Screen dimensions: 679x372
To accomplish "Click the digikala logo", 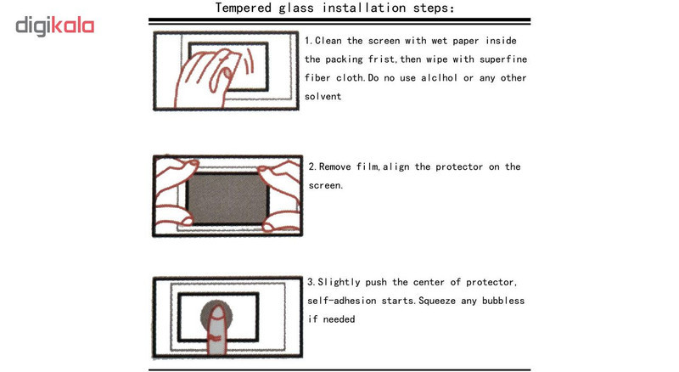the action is (x=54, y=26).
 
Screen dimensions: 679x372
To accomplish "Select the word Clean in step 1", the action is (x=328, y=41).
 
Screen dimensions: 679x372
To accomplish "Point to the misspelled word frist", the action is (x=381, y=59).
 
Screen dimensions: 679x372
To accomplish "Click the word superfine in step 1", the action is (x=503, y=59).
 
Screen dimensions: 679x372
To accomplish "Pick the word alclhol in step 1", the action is (x=439, y=78).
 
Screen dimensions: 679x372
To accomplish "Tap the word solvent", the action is (x=323, y=97).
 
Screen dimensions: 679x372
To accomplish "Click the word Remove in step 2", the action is (x=334, y=167).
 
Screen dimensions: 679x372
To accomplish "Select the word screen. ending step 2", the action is (x=326, y=185).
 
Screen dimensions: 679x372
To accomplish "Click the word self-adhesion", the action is (x=342, y=301).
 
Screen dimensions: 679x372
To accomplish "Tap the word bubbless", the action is (x=503, y=301).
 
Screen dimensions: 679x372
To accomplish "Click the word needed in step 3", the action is (x=339, y=319).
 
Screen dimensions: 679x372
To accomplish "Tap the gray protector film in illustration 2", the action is (x=227, y=198).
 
